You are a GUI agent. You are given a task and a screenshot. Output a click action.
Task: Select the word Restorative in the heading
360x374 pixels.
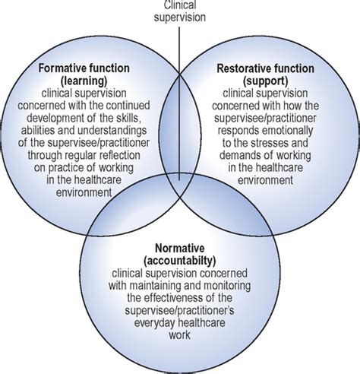[x=241, y=68]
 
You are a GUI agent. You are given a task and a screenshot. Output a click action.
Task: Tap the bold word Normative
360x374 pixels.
[x=180, y=248]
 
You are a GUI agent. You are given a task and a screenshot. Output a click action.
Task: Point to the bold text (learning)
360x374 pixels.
[x=84, y=81]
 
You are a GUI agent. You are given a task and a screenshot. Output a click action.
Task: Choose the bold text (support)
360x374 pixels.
[x=265, y=81]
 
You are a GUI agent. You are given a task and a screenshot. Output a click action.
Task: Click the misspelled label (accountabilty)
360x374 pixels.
[x=179, y=261]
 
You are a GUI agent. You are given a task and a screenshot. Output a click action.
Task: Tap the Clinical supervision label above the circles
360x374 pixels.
[x=180, y=11]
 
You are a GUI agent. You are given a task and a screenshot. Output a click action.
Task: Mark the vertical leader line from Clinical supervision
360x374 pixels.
[x=179, y=103]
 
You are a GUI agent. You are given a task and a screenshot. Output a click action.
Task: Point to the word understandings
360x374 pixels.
[x=112, y=131]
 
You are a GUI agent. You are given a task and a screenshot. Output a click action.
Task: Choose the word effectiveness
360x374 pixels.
[x=174, y=298]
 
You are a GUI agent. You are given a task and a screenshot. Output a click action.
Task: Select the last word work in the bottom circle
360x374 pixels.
[x=179, y=335]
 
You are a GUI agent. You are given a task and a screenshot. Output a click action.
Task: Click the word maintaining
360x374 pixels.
[x=155, y=286]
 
